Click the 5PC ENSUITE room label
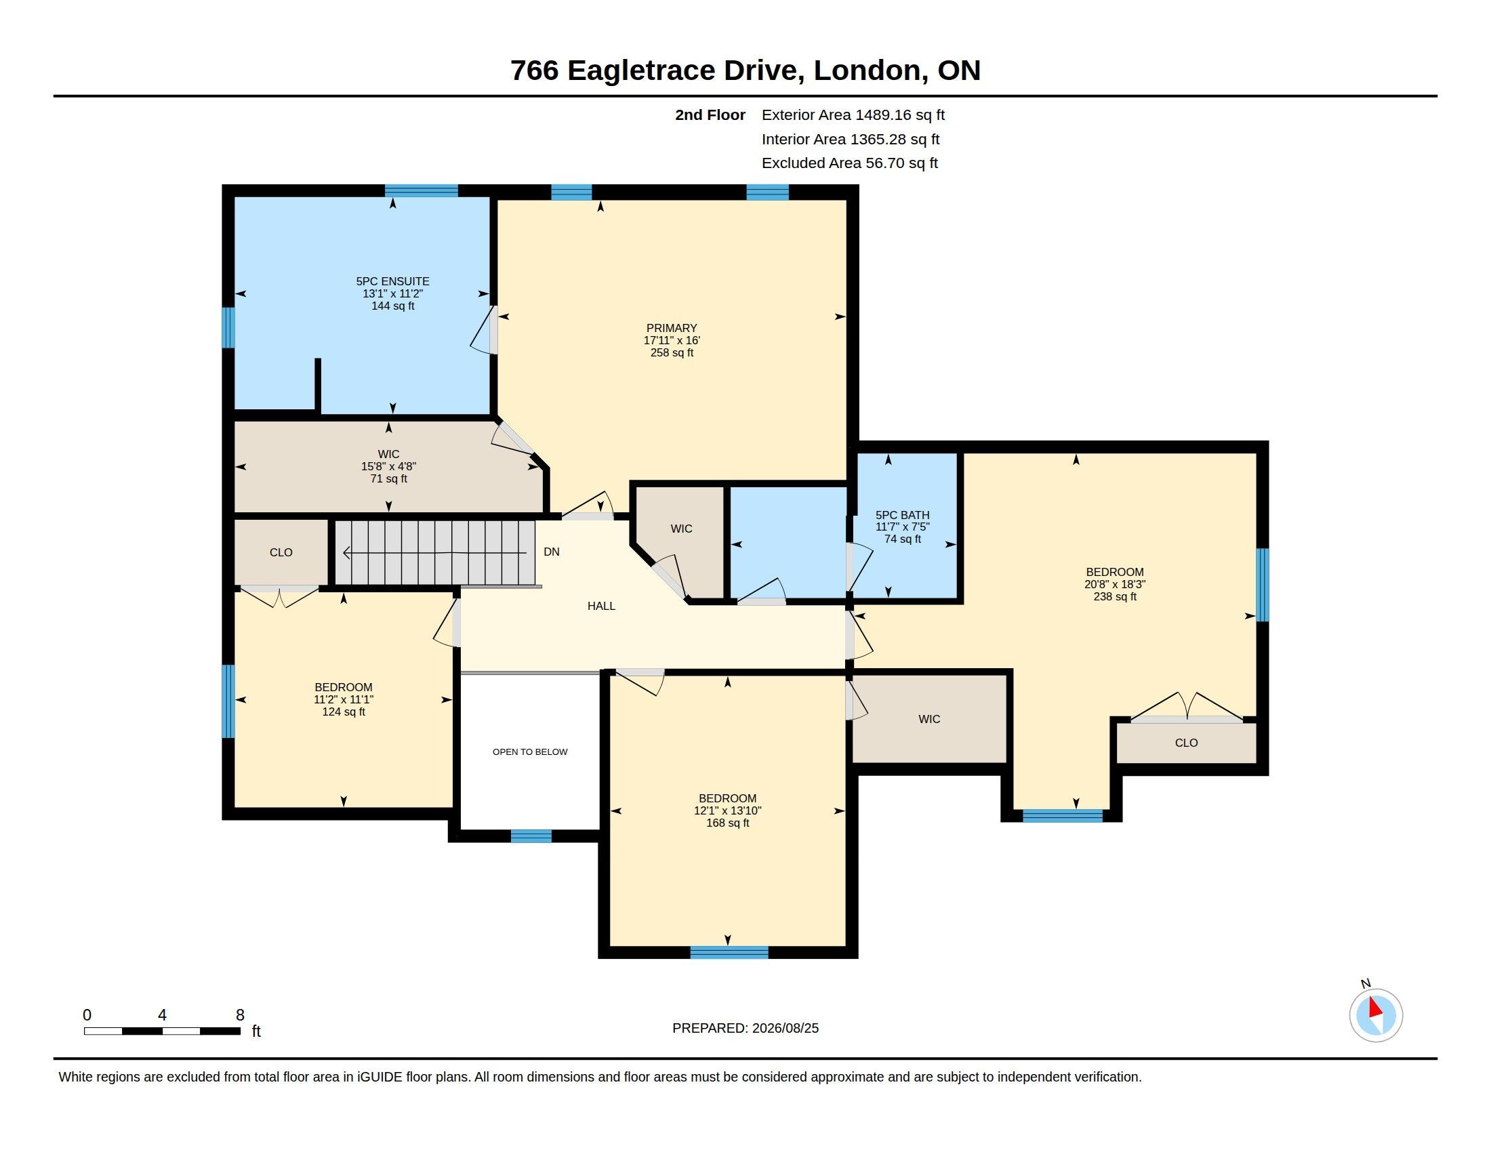392,281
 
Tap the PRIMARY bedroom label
672,328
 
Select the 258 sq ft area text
672,353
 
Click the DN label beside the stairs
552,552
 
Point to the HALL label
601,606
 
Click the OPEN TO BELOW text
530,752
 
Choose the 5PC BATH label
903,515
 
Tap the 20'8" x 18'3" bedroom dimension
1115,584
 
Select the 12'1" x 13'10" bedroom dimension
728,810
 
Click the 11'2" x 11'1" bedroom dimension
344,699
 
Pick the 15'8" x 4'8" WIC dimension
388,467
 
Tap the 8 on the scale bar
241,1015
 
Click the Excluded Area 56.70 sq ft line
850,163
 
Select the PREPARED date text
745,1029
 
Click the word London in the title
866,70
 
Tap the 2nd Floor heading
710,115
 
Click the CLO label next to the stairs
281,553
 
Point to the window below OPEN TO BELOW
531,836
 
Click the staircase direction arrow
434,553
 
